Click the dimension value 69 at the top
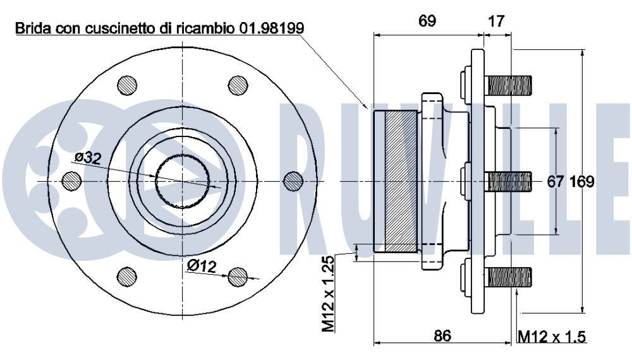(x=427, y=21)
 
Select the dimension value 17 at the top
(x=497, y=21)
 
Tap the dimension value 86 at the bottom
(x=442, y=335)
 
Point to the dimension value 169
(x=582, y=182)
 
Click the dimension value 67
(x=555, y=182)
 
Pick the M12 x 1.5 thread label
(x=551, y=337)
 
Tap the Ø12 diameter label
(x=201, y=267)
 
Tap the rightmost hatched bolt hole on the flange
(x=294, y=181)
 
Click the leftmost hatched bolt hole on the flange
(x=71, y=181)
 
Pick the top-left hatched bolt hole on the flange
(x=127, y=85)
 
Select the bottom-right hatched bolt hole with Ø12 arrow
(x=238, y=277)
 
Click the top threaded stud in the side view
(x=508, y=85)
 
